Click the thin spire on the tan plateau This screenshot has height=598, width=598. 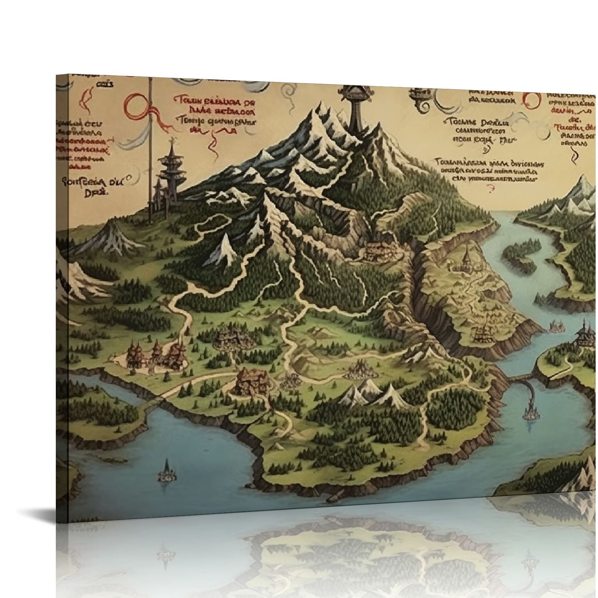[x=466, y=255]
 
